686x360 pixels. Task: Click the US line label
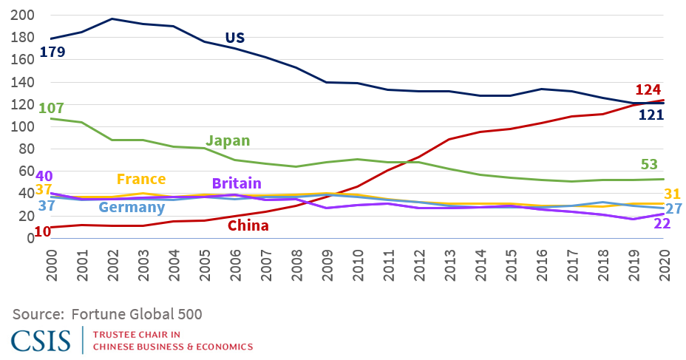234,38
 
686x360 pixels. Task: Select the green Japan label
228,140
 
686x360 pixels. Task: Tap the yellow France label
140,180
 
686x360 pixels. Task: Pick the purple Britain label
237,183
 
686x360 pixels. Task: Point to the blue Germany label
132,208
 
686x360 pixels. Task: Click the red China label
248,225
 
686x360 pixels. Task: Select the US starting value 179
52,52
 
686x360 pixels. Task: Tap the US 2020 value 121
651,115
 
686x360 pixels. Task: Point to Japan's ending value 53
648,164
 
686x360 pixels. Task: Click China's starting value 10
43,231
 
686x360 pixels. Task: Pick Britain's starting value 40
43,177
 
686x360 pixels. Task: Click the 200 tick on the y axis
20,15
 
